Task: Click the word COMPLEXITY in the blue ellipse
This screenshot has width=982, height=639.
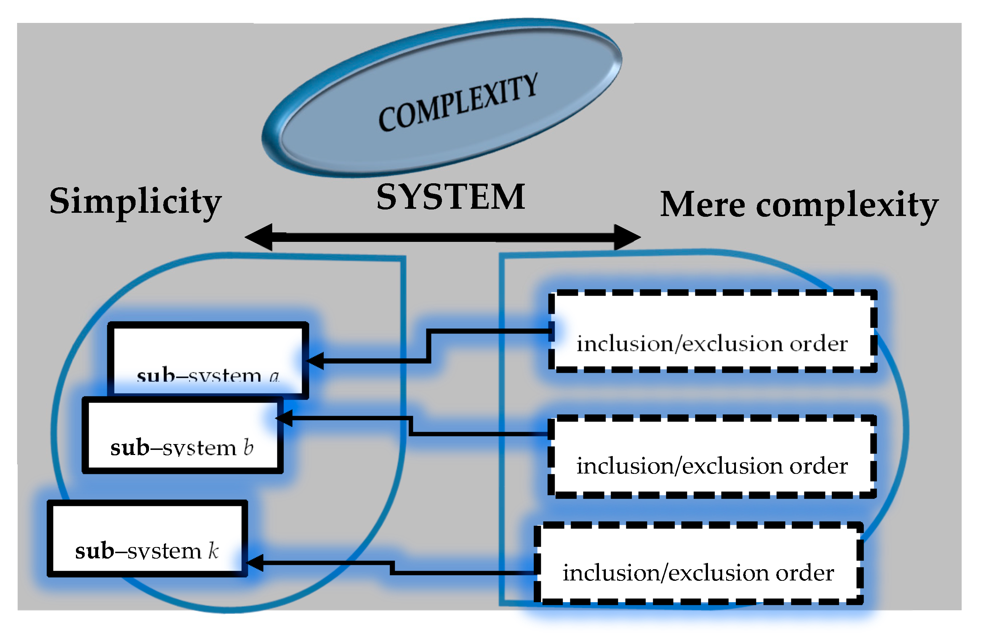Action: click(x=458, y=102)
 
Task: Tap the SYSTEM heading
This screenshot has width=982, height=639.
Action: click(x=451, y=197)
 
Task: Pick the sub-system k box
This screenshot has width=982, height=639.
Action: click(x=147, y=538)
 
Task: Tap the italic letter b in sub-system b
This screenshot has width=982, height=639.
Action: click(x=248, y=447)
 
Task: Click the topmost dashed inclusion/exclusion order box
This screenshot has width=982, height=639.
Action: click(x=712, y=331)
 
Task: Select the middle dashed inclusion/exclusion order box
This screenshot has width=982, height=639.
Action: click(x=712, y=457)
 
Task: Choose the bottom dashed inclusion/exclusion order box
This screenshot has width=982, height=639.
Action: click(x=698, y=564)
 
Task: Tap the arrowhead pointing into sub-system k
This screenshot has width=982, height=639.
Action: click(x=254, y=563)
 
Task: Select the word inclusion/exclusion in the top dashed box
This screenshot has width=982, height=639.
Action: click(x=680, y=343)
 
